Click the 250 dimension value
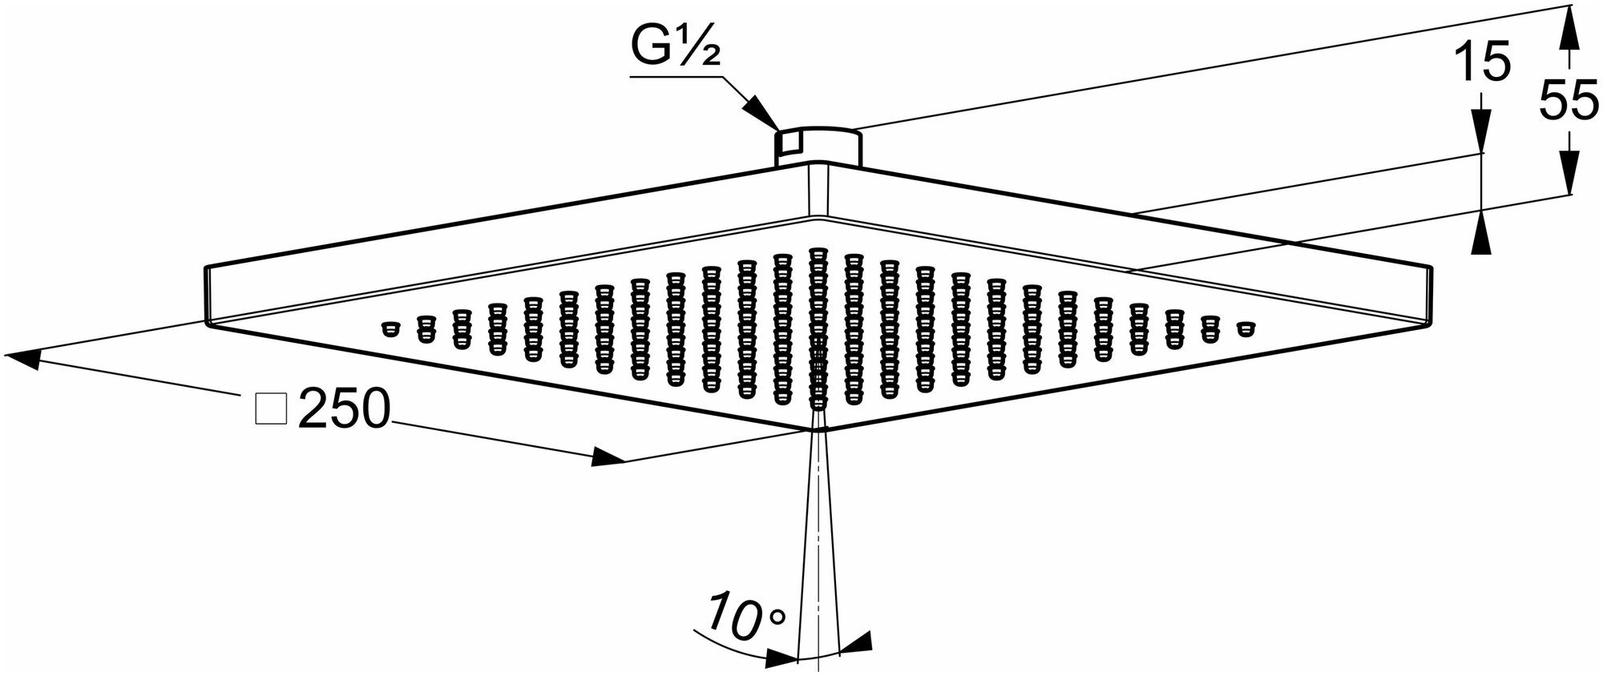344,411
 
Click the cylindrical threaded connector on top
818,145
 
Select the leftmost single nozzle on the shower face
390,328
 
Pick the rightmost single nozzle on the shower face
1245,328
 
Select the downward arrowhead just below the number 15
1481,131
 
